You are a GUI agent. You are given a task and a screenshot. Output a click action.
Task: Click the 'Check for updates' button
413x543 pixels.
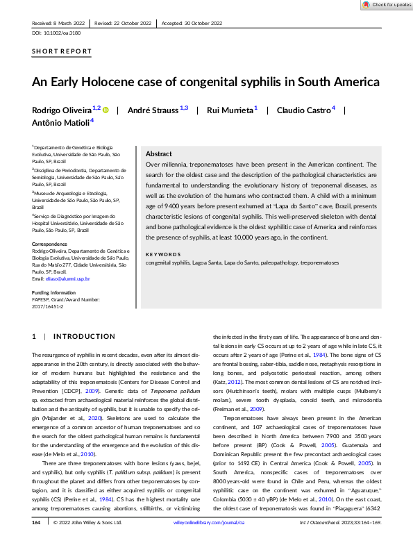click(x=386, y=5)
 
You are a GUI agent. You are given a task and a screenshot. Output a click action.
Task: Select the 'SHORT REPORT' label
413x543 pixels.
click(x=62, y=51)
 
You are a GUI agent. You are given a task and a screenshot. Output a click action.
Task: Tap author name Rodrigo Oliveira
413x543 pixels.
click(x=62, y=110)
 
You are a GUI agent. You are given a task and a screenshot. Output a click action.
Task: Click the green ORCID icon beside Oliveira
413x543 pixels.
click(x=106, y=110)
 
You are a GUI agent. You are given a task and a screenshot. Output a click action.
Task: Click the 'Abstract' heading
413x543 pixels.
click(x=159, y=154)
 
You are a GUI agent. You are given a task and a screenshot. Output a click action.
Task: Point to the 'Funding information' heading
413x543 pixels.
click(x=53, y=294)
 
